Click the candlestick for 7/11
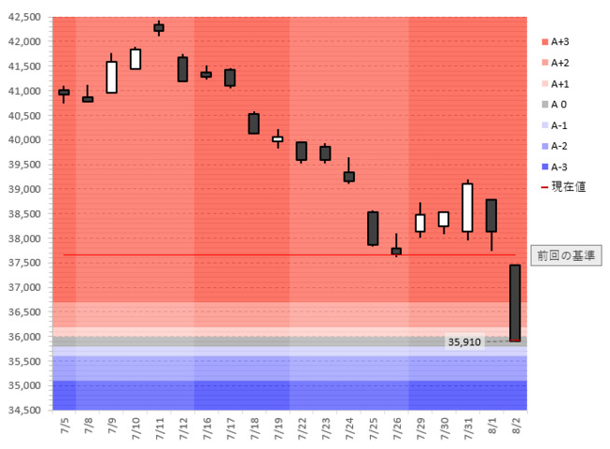click(159, 28)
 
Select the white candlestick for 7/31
click(467, 207)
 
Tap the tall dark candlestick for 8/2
click(515, 303)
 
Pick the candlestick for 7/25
click(373, 228)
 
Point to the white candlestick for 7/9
click(111, 77)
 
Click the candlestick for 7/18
click(254, 123)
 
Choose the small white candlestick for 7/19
click(277, 138)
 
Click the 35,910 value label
click(464, 342)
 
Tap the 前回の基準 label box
click(566, 254)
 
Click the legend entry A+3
click(560, 41)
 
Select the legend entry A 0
click(560, 104)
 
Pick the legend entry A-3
click(560, 167)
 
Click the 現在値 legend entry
click(567, 187)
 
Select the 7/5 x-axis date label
click(64, 429)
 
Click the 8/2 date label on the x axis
click(515, 429)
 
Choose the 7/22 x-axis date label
click(301, 429)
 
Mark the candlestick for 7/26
click(396, 251)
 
